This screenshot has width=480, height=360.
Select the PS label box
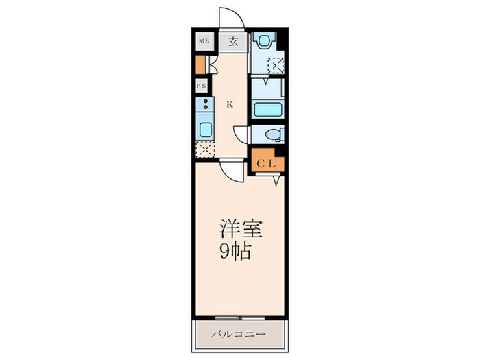(x=202, y=86)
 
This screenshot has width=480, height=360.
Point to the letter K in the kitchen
(x=230, y=105)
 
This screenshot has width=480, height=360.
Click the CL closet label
(x=267, y=163)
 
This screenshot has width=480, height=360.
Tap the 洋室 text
(x=241, y=229)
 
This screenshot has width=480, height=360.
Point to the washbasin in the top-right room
(x=263, y=42)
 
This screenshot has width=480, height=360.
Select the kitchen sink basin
(x=206, y=130)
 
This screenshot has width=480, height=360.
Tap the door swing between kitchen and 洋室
(x=232, y=170)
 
